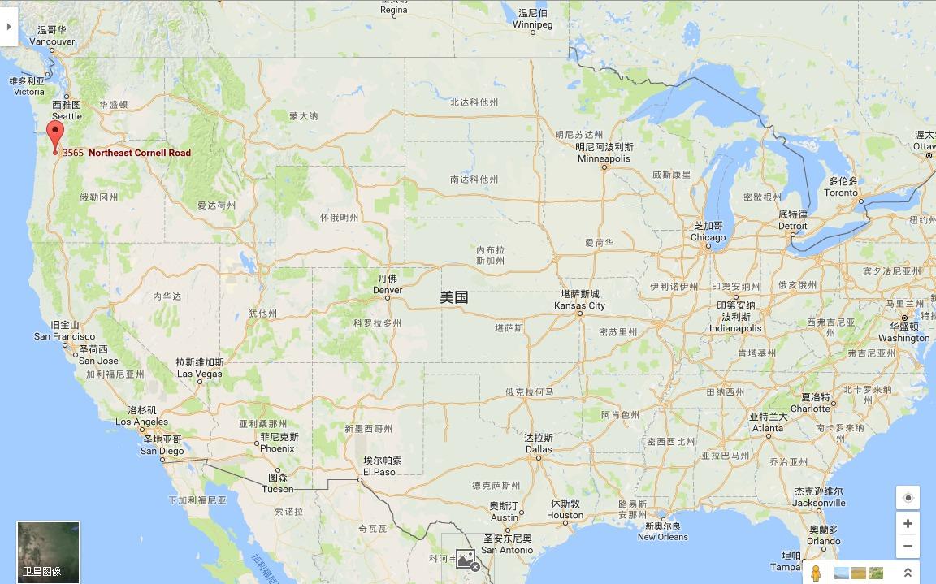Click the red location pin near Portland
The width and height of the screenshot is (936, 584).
click(x=55, y=134)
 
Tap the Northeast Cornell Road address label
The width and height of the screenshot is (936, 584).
click(x=127, y=153)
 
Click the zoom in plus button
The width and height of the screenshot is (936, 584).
click(x=908, y=523)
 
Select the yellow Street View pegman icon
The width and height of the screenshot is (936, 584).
click(x=816, y=573)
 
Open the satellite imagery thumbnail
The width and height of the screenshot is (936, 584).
click(x=48, y=552)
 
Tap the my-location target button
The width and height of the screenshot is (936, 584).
click(x=908, y=497)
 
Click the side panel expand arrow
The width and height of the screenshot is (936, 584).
click(x=9, y=26)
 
